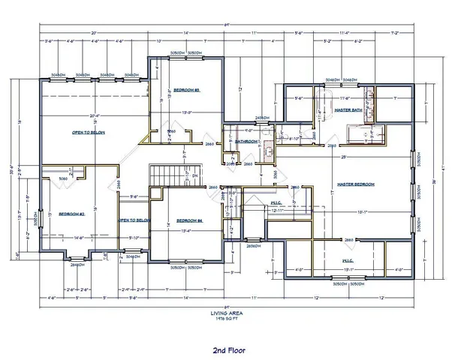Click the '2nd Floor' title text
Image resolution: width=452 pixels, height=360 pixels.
click(226, 349)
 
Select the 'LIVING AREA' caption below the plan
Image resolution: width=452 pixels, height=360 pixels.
click(226, 313)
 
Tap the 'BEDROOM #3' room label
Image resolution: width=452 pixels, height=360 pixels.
click(185, 89)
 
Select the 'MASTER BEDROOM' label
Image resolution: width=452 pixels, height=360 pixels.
click(355, 184)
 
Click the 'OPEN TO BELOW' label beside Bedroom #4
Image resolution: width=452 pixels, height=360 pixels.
click(136, 220)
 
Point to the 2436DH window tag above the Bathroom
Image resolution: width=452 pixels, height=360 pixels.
click(262, 118)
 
